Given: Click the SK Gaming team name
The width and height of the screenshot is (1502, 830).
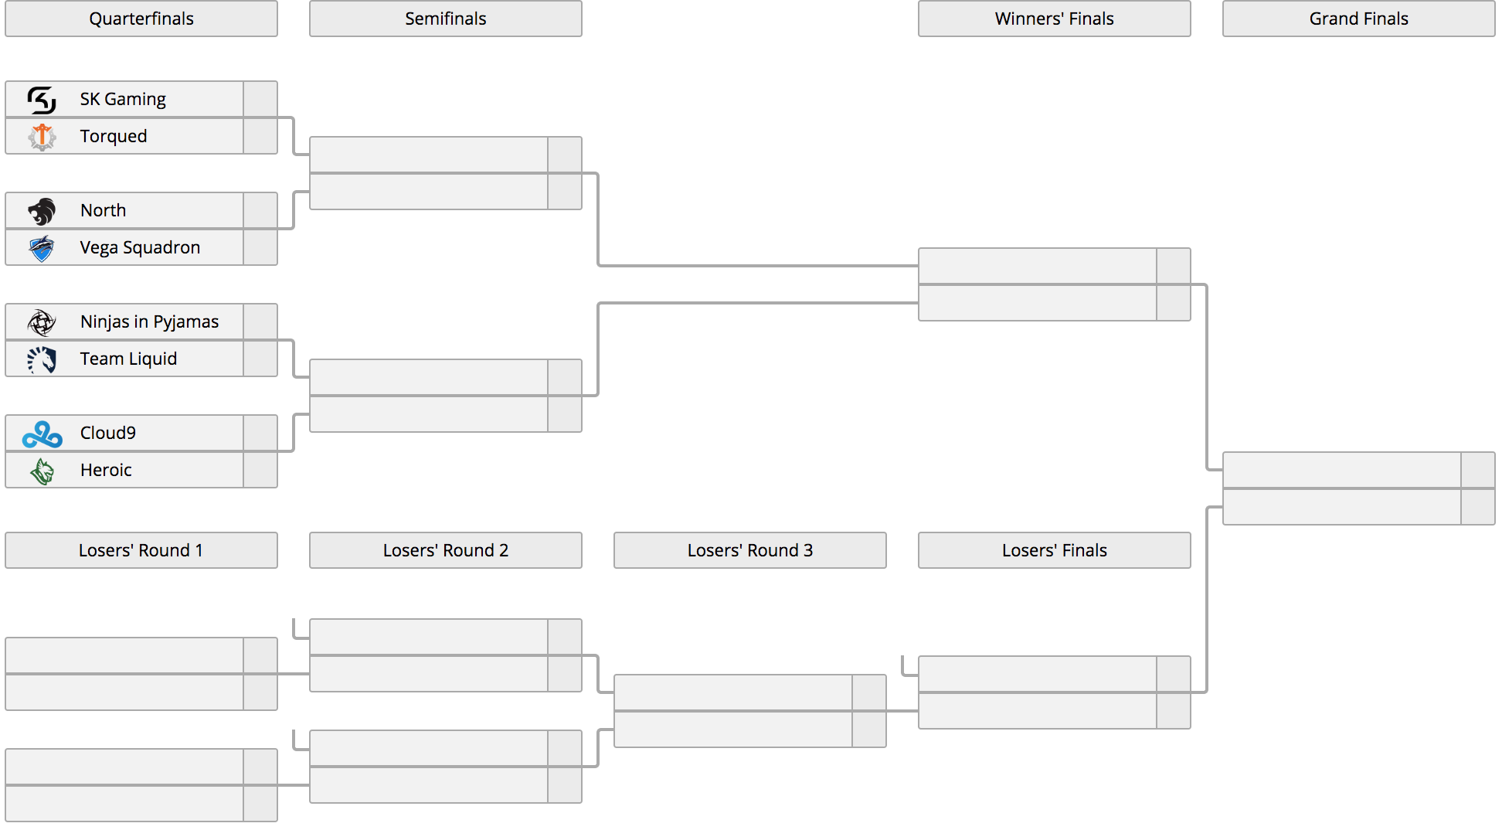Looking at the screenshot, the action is pyautogui.click(x=123, y=99).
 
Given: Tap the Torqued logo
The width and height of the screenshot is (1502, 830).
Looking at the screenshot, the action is pyautogui.click(x=42, y=136).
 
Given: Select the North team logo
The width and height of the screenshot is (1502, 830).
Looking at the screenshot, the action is pyautogui.click(x=42, y=210).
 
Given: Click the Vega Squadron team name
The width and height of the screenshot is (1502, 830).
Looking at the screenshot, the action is pyautogui.click(x=140, y=247).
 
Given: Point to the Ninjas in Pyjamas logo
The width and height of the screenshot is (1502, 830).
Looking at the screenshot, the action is pyautogui.click(x=42, y=321).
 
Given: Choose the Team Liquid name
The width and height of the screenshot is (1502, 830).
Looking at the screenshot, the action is pyautogui.click(x=128, y=359).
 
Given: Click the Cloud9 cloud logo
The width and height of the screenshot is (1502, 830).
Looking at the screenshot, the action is pyautogui.click(x=42, y=434).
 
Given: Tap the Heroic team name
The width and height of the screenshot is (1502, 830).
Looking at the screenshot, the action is pyautogui.click(x=106, y=470).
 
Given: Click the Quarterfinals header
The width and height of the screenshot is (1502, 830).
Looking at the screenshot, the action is pyautogui.click(x=141, y=19).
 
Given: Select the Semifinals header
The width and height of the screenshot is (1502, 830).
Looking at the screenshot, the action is pyautogui.click(x=446, y=19).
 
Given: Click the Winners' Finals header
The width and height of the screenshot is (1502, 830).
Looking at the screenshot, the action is pyautogui.click(x=1055, y=19).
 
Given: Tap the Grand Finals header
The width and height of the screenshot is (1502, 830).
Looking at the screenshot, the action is pyautogui.click(x=1359, y=19).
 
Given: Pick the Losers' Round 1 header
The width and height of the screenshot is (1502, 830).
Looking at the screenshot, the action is pyautogui.click(x=141, y=550).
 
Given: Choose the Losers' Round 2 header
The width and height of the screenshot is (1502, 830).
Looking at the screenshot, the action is pyautogui.click(x=446, y=550).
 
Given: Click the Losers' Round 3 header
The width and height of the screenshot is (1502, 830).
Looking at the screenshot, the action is pyautogui.click(x=750, y=550).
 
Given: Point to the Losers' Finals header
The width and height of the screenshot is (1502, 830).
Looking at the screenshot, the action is pyautogui.click(x=1055, y=550).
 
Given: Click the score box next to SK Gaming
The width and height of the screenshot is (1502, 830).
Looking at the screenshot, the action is pyautogui.click(x=260, y=99).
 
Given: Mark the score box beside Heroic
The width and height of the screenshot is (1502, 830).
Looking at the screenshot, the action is pyautogui.click(x=260, y=470).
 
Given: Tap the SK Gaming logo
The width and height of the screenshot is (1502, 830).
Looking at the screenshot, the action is pyautogui.click(x=42, y=99).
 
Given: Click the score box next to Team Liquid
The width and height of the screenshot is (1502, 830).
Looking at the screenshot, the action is pyautogui.click(x=260, y=359).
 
